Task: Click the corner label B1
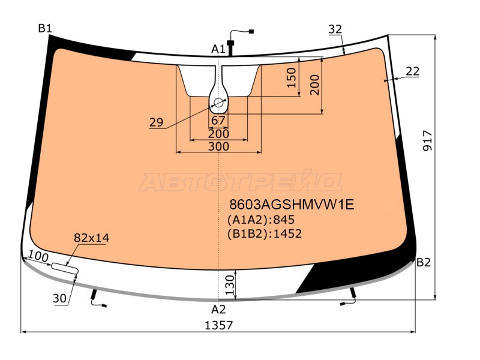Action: (x=45, y=28)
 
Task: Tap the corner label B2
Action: (x=424, y=262)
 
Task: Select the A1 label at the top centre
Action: (x=218, y=49)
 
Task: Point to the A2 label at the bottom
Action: (x=218, y=310)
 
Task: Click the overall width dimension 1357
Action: (x=218, y=325)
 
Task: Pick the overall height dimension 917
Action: (x=427, y=140)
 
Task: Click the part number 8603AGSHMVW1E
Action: (x=292, y=205)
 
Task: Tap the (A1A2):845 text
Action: (x=261, y=220)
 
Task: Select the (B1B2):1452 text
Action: (x=265, y=233)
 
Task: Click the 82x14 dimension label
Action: (x=91, y=238)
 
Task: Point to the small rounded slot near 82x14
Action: (x=65, y=268)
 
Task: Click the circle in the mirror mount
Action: (x=218, y=102)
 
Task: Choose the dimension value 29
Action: (x=156, y=122)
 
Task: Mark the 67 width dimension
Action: (x=218, y=121)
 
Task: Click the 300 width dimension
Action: (x=218, y=146)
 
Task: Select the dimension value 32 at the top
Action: (x=335, y=29)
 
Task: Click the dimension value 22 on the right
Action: (x=412, y=71)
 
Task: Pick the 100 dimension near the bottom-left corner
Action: (x=38, y=257)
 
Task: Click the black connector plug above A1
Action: (x=230, y=43)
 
